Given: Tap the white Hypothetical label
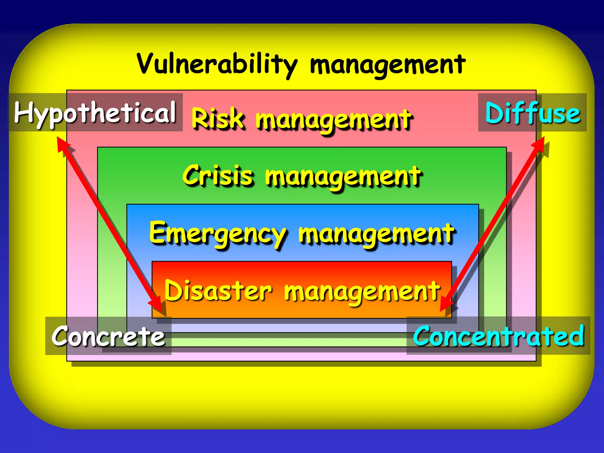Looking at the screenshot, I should (95, 113).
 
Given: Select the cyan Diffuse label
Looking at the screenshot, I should (533, 113).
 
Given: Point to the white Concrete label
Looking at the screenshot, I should (108, 336).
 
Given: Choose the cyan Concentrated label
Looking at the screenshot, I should (498, 336).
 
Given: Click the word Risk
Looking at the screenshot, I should (218, 118).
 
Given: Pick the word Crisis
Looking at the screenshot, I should (218, 175).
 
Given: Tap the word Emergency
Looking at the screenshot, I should (218, 233).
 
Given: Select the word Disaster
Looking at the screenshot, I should (218, 290).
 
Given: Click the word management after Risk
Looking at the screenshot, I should (334, 119).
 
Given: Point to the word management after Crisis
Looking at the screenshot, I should (343, 177).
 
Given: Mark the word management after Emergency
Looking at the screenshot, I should (376, 234).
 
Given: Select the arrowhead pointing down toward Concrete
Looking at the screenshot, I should (157, 306).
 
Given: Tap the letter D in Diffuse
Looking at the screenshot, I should (494, 113).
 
